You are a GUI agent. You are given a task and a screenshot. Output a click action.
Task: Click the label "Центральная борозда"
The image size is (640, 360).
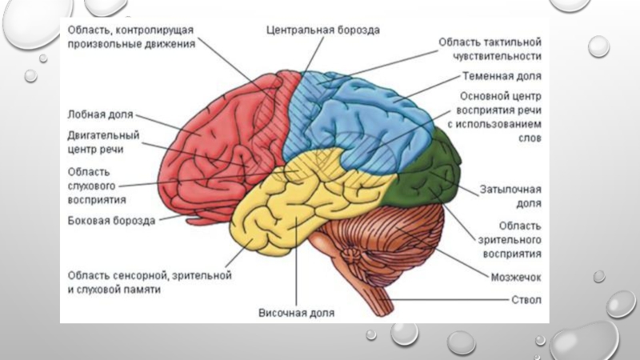323,30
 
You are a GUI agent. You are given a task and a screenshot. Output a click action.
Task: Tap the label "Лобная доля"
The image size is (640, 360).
100,114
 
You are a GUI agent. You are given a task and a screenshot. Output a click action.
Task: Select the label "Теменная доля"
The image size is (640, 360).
502,77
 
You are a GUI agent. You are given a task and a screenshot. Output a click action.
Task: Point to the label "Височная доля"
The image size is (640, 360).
296,312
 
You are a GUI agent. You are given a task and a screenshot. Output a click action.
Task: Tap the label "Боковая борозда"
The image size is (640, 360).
111,219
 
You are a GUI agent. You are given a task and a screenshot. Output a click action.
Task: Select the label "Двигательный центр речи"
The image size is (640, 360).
103,142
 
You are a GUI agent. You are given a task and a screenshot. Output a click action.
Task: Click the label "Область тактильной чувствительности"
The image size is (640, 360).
490,48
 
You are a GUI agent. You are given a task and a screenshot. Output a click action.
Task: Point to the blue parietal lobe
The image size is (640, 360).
368,120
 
